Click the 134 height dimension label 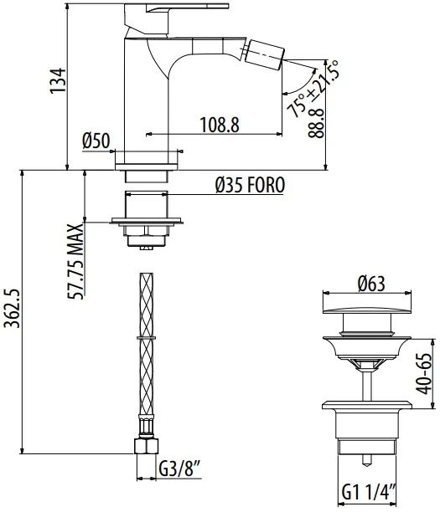[x=58, y=81]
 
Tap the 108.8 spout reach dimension [x=220, y=125]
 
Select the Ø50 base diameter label [x=96, y=141]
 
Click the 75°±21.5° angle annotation [x=313, y=89]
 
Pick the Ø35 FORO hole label [x=250, y=185]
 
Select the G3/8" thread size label [x=179, y=469]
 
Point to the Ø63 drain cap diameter [x=371, y=284]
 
